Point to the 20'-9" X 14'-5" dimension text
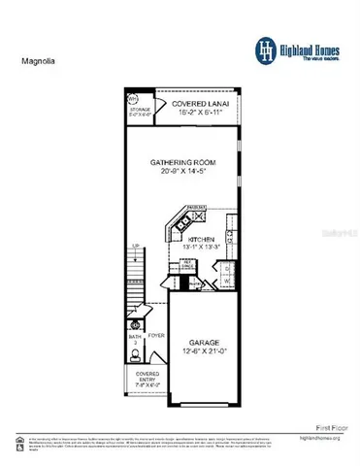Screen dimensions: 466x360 point(181,171)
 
